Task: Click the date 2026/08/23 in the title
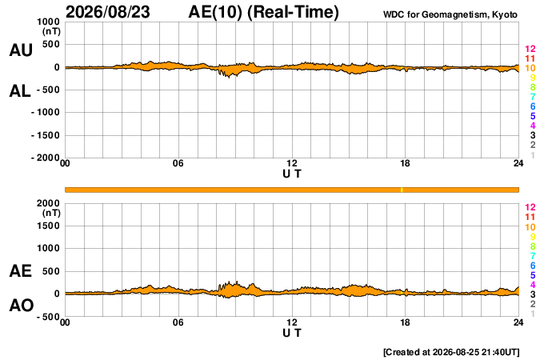pos(108,12)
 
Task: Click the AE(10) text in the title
pos(215,12)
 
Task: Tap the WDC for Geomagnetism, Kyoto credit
pos(450,14)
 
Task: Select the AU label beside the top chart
pos(21,50)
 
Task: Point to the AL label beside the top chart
pos(20,91)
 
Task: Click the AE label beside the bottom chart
pos(20,271)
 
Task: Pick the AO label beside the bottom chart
pos(22,306)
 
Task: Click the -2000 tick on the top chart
pos(46,158)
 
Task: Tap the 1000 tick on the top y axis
pos(48,22)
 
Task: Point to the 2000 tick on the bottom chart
pos(48,203)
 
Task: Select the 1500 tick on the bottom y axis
pos(48,226)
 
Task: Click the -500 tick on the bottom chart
pos(48,317)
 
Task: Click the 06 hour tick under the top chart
pos(178,163)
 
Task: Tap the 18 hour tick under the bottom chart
pos(405,322)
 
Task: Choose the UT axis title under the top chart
pos(292,174)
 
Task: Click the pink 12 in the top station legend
pos(530,49)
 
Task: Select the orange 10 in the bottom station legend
pos(530,227)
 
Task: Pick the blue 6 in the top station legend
pos(533,106)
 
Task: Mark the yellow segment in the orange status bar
pos(402,190)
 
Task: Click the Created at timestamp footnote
pos(451,352)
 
